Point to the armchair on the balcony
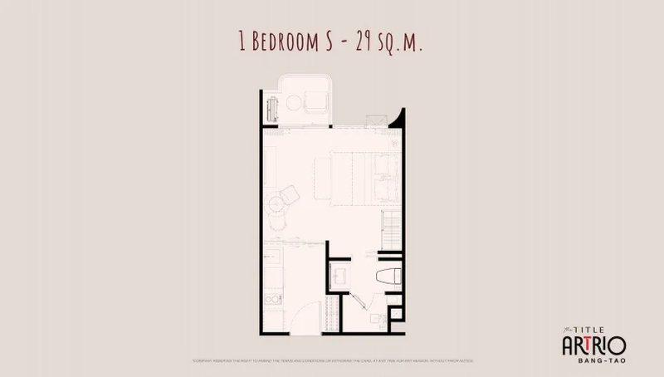click(316, 102)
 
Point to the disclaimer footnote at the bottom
click(332, 360)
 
